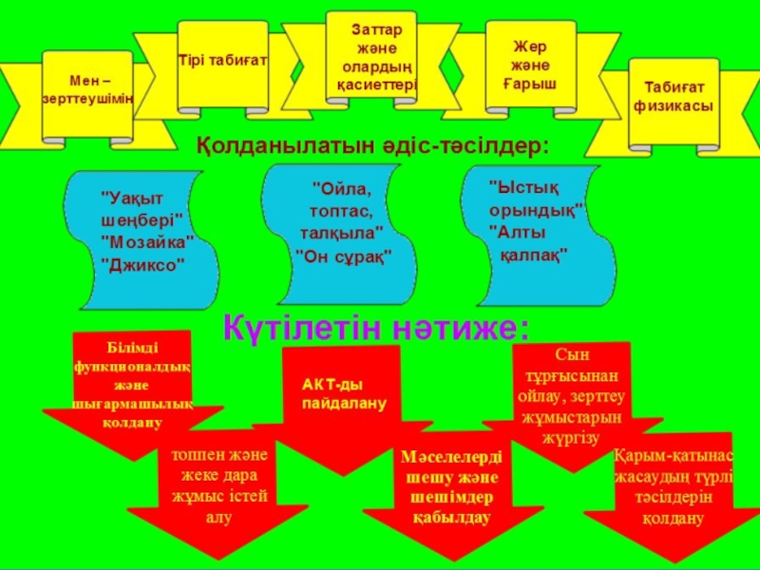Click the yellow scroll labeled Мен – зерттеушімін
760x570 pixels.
click(x=87, y=91)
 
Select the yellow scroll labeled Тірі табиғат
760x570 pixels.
click(x=222, y=63)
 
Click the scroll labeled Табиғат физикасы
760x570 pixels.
click(x=674, y=98)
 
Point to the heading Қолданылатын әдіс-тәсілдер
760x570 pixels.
click(x=373, y=145)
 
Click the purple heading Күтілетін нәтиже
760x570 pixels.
click(x=375, y=328)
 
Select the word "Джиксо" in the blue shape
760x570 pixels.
click(x=142, y=262)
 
